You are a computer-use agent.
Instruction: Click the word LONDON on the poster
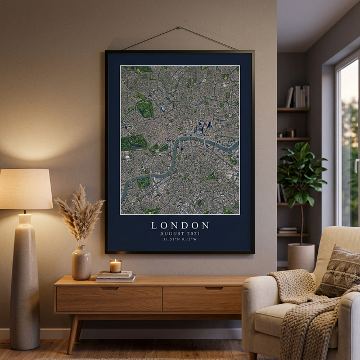[x=180, y=225]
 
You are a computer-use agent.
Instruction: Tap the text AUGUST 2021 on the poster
[x=180, y=233]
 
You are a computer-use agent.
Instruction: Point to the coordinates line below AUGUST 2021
[x=180, y=240]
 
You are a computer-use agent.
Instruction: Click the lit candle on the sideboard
[x=115, y=266]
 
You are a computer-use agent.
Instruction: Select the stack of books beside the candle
[x=115, y=276]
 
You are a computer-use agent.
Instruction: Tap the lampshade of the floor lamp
[x=25, y=189]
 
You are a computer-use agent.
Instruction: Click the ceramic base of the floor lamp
[x=25, y=281]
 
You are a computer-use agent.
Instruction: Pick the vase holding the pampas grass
[x=81, y=263]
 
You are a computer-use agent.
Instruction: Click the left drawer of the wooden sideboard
[x=109, y=299]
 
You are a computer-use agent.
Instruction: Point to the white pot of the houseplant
[x=301, y=257]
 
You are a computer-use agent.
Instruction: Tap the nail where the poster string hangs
[x=179, y=27]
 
